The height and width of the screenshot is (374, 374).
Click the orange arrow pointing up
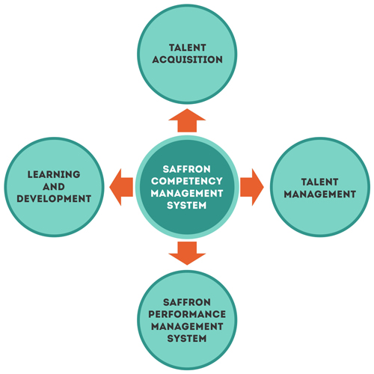(187, 120)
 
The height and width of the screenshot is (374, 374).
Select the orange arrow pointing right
(252, 187)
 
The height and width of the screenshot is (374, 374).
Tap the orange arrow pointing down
(187, 253)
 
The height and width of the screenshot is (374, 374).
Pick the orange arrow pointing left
(121, 187)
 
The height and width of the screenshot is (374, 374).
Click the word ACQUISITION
(187, 60)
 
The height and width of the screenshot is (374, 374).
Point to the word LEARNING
(54, 174)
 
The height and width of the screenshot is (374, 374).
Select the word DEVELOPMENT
(54, 198)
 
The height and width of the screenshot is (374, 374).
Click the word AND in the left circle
(54, 186)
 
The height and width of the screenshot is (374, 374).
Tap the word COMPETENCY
(187, 181)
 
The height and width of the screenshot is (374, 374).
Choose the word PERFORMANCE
(187, 314)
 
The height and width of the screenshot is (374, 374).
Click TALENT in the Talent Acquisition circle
(188, 47)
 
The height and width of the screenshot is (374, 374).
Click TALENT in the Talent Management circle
(319, 182)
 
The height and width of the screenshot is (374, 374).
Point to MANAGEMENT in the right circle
(320, 194)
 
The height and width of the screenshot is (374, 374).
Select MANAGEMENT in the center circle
(187, 193)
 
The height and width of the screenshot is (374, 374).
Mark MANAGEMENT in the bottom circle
(187, 326)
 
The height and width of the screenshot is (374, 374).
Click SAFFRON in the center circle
(187, 169)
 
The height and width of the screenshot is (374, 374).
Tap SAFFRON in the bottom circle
(187, 302)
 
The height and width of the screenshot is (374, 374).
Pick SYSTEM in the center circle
(187, 205)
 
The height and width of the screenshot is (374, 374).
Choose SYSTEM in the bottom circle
(187, 338)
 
